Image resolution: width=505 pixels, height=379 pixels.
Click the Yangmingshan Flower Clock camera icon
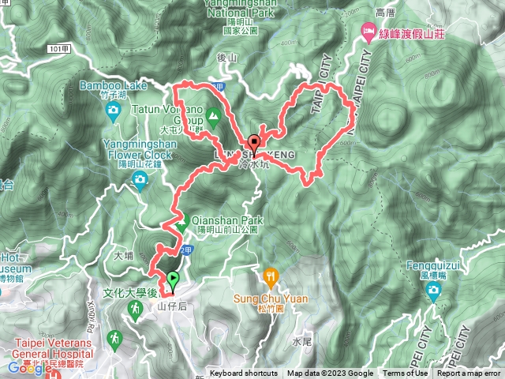click(x=140, y=182)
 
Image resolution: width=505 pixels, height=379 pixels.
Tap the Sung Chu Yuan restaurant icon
click(x=271, y=276)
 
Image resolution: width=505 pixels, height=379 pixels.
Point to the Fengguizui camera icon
click(x=432, y=291)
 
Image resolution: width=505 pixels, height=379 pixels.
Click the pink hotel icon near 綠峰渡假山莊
click(x=368, y=30)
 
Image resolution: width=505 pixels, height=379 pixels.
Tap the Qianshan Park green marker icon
click(x=181, y=225)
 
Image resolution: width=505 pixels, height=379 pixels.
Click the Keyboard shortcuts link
click(x=243, y=373)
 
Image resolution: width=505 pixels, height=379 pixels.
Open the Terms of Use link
click(x=406, y=373)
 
